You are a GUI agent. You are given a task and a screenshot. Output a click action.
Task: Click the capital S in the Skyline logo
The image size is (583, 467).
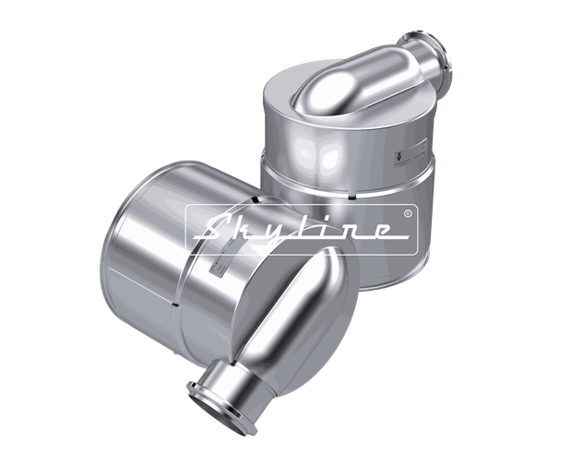click(215, 225)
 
